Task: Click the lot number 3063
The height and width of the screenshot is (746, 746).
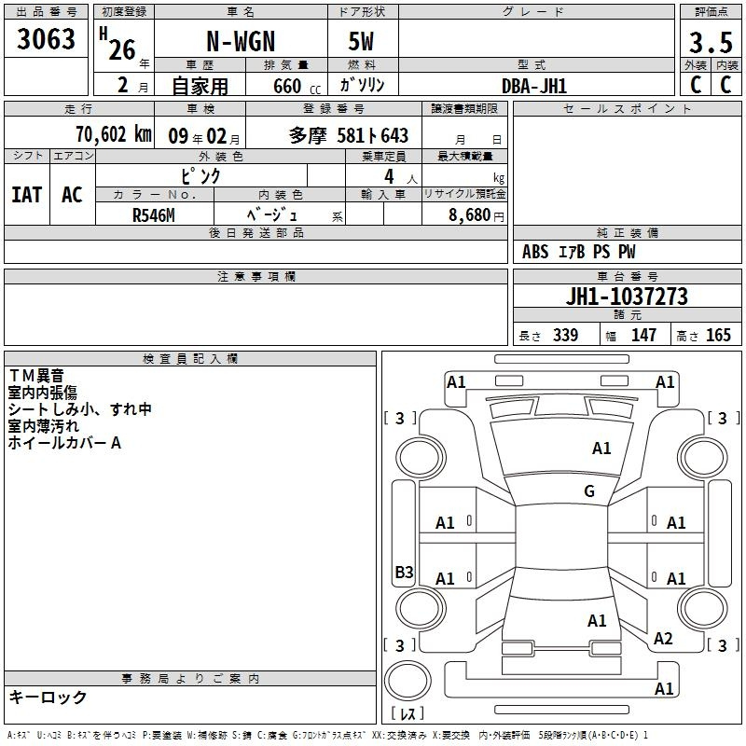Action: coord(46,39)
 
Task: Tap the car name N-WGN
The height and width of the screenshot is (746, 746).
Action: coord(241,41)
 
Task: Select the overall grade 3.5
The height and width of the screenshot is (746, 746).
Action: coord(711,43)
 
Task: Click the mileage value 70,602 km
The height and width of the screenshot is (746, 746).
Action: coord(114,134)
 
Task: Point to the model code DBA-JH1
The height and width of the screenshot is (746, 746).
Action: coord(534,86)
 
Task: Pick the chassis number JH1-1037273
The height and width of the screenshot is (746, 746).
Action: coord(627,297)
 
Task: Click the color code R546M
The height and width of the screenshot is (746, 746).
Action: coord(154,215)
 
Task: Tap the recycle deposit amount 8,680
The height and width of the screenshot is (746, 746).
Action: coord(469,215)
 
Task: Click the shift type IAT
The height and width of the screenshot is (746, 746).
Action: coord(27,195)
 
